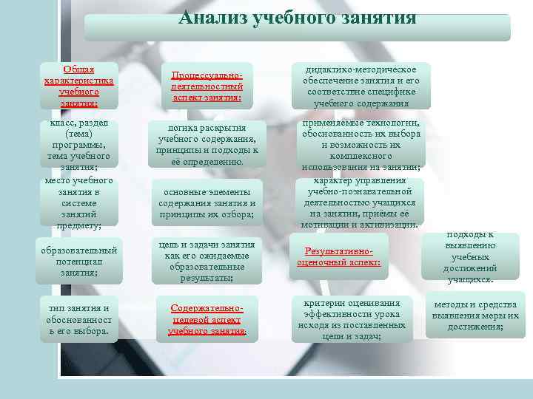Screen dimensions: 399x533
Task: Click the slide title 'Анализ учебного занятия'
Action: (x=297, y=17)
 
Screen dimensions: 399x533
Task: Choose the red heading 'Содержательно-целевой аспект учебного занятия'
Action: (x=207, y=320)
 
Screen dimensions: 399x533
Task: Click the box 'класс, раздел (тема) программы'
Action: (x=78, y=144)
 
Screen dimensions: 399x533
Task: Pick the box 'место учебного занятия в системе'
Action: (x=78, y=201)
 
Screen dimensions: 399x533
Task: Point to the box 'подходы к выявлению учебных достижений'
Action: (x=472, y=257)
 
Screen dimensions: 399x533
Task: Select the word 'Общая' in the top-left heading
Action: (x=78, y=69)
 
